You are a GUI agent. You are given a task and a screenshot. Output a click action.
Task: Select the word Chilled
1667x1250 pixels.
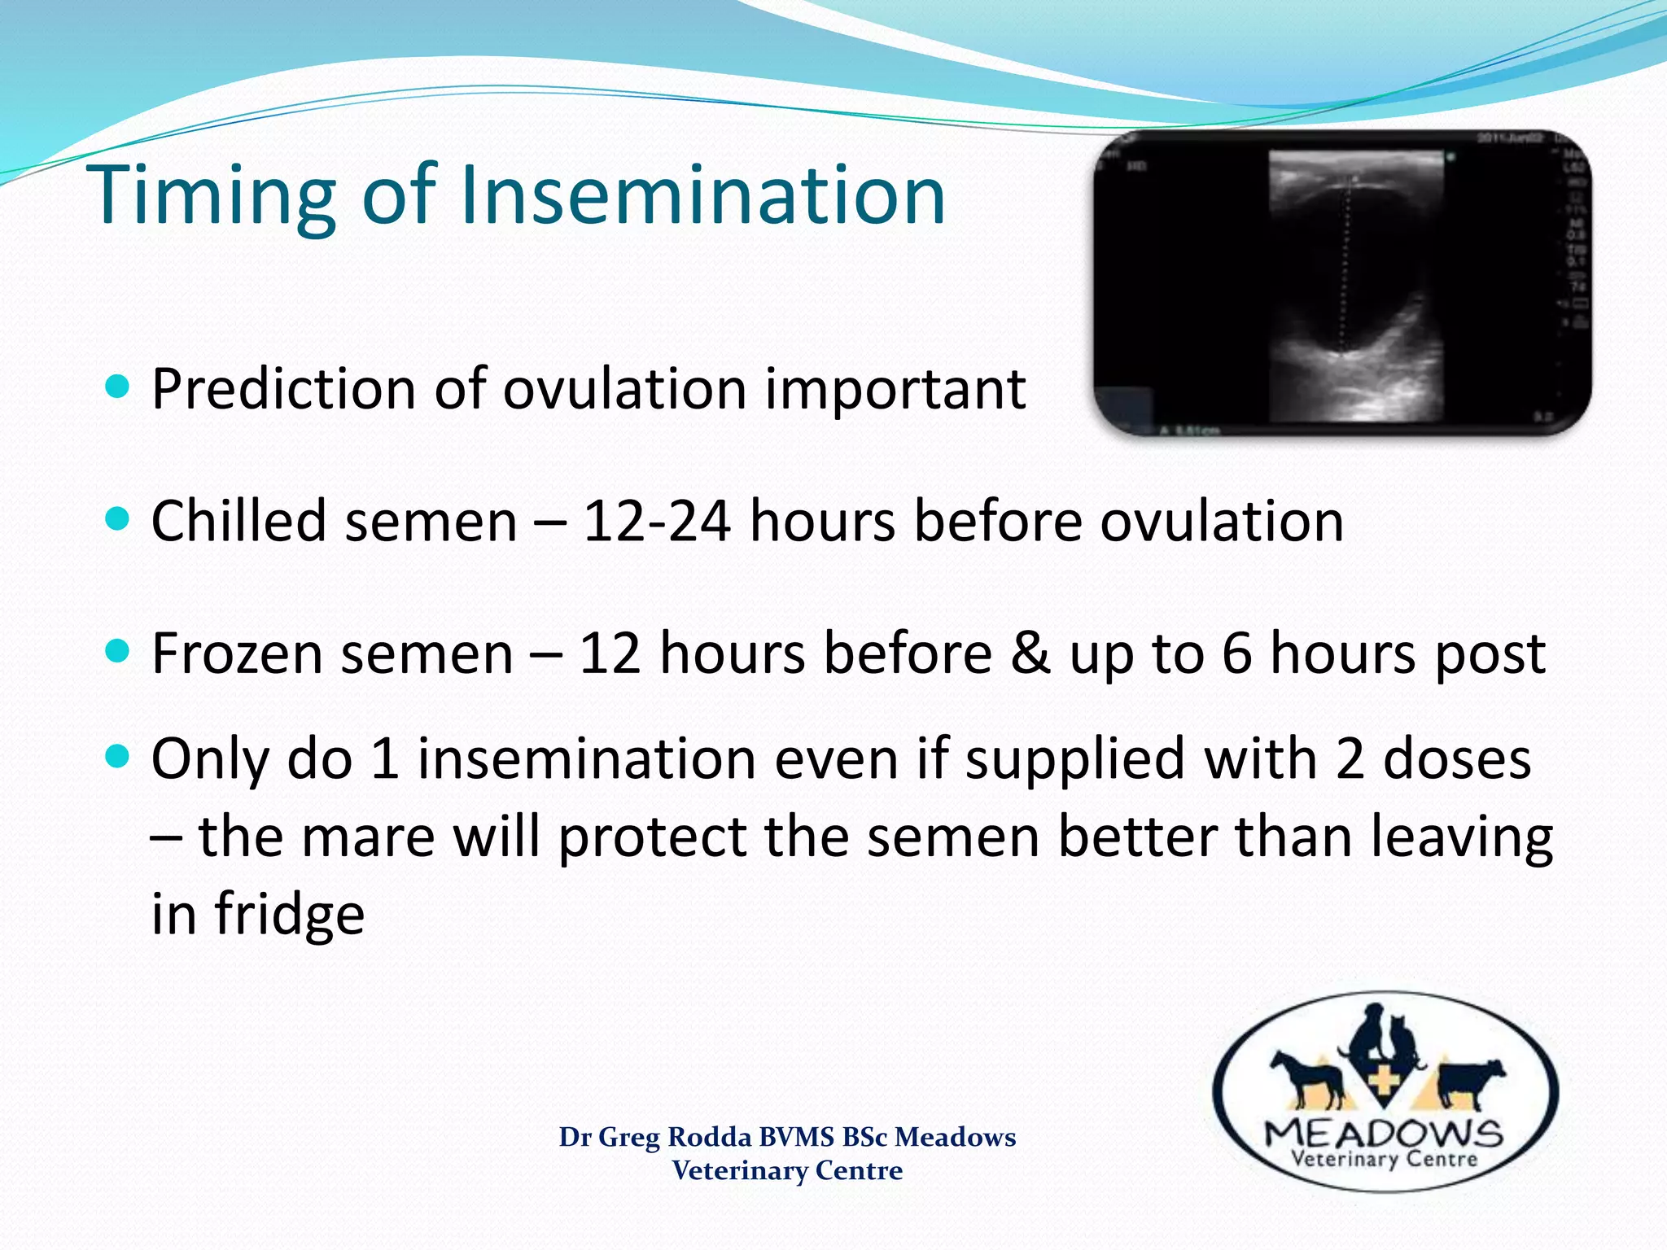[x=238, y=521]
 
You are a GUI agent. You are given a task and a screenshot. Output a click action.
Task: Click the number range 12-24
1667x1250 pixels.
[x=656, y=521]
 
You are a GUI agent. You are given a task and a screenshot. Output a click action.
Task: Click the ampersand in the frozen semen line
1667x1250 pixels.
[x=1030, y=653]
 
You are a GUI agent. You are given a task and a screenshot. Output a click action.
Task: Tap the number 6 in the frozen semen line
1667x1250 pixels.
[x=1236, y=653]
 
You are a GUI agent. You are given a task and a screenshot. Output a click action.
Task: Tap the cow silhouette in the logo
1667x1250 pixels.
[x=1470, y=1082]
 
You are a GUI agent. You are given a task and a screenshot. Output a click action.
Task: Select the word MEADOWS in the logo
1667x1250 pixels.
[x=1384, y=1133]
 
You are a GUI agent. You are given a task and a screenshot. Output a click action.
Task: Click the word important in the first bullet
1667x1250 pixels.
[x=895, y=388]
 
